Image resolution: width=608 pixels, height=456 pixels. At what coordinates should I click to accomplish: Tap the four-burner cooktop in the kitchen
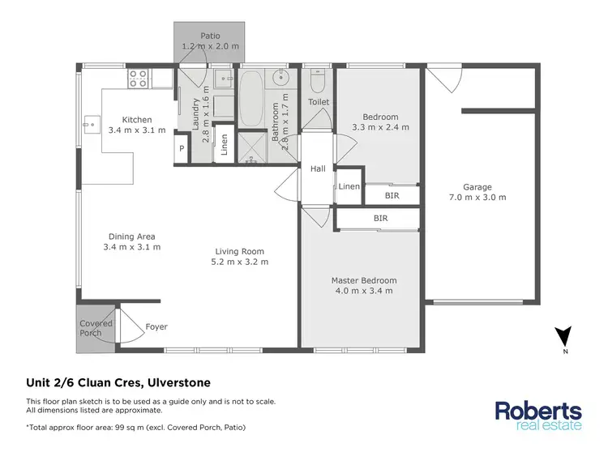click(x=137, y=79)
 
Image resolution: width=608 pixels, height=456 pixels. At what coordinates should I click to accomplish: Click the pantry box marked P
click(x=182, y=148)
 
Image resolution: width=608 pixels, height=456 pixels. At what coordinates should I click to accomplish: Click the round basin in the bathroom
click(x=283, y=79)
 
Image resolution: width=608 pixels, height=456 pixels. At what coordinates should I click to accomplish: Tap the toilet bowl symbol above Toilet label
click(x=318, y=82)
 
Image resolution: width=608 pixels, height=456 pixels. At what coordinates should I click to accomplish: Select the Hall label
click(x=318, y=168)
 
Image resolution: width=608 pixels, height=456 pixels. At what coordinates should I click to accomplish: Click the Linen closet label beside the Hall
click(x=349, y=187)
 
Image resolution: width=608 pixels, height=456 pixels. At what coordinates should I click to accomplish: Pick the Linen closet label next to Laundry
click(x=225, y=143)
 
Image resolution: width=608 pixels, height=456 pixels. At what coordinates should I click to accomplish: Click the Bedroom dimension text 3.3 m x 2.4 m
click(x=380, y=127)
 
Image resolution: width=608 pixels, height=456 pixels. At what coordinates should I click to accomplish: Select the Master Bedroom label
click(x=364, y=280)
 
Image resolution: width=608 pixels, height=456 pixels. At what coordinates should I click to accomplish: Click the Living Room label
click(x=240, y=251)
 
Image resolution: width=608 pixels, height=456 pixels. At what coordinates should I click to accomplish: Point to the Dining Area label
click(x=132, y=236)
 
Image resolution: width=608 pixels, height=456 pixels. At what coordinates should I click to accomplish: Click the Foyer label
click(x=156, y=327)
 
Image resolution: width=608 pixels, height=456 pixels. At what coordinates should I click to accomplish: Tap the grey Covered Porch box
click(x=95, y=329)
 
